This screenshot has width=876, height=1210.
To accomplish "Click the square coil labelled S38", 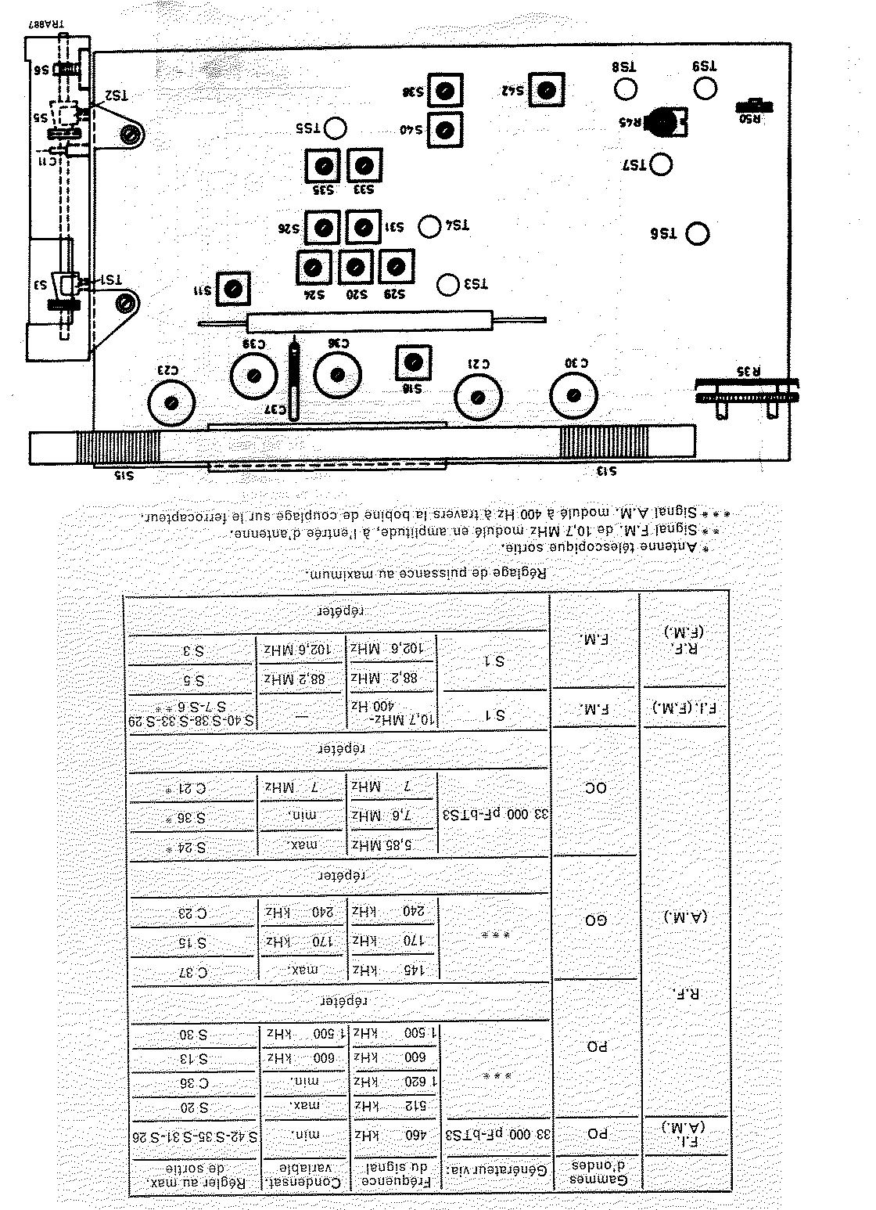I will pos(446,91).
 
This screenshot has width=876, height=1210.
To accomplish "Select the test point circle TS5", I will pos(336,128).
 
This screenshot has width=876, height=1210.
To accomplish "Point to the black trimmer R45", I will pos(665,122).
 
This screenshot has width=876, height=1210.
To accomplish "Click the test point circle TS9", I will pos(705,88).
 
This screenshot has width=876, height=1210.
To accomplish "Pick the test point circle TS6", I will pos(696,233).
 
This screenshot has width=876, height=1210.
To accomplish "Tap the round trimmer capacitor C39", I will pos(253,375).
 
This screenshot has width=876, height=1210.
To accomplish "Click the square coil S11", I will pos(232,289).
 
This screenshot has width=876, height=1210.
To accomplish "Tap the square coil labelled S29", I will pos(397,266).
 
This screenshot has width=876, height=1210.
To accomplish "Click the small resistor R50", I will pos(756,106).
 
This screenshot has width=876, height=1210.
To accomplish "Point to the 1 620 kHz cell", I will pos(393,1081).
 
